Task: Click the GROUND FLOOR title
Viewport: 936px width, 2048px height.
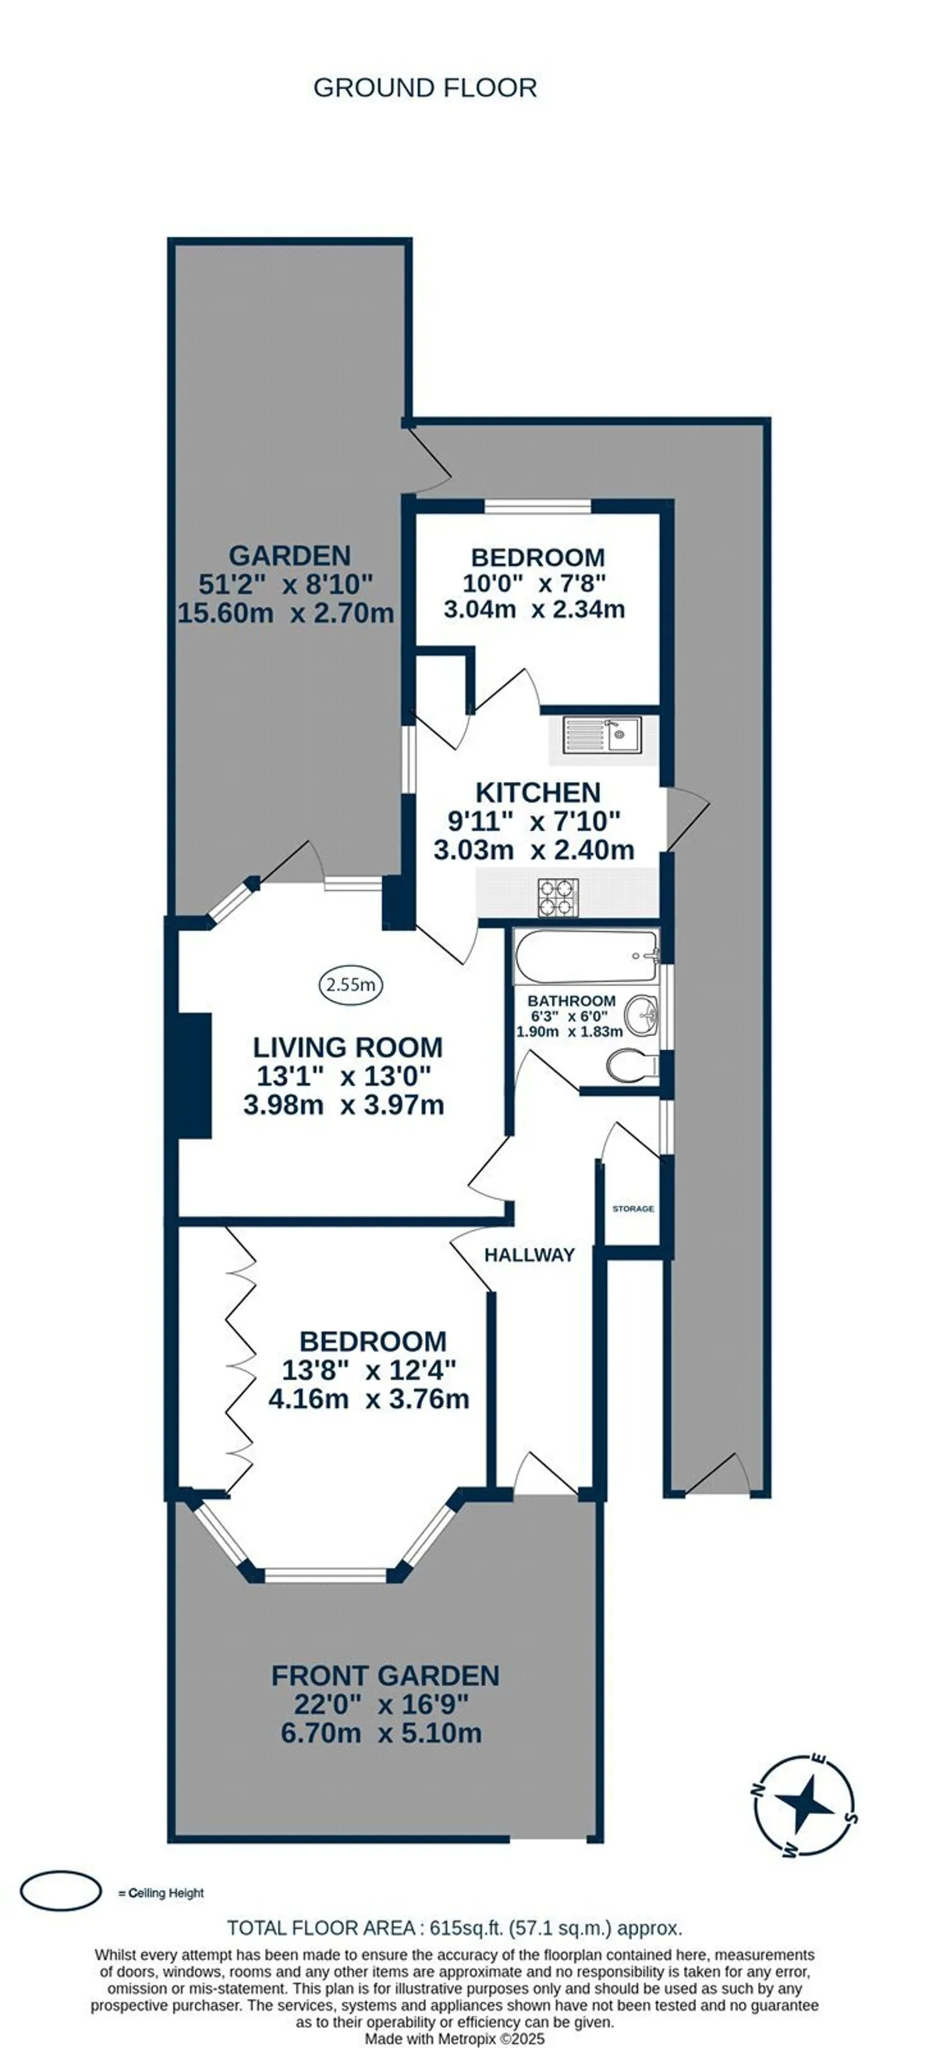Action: pos(424,87)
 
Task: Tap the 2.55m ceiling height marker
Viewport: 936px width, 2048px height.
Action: pos(351,985)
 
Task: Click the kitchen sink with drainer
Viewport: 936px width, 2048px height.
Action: pos(601,735)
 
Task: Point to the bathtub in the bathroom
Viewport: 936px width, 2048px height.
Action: pos(587,957)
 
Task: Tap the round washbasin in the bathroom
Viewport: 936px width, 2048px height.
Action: pos(642,1015)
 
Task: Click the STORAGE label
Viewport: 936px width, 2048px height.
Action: pos(633,1208)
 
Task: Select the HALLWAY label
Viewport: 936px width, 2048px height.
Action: pos(530,1254)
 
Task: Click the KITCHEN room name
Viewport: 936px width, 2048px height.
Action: pos(537,793)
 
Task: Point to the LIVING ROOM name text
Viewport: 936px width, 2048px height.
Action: pos(348,1047)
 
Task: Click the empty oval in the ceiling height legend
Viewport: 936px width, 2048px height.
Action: pos(60,1891)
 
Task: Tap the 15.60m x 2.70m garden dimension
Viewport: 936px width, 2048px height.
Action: pos(285,613)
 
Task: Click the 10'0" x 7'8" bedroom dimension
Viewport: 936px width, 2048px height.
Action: pos(534,583)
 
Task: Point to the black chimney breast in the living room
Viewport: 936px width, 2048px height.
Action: pos(195,1075)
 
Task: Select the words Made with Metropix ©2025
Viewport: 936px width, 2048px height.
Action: pos(455,2039)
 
